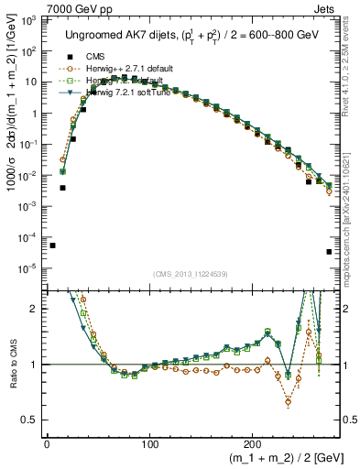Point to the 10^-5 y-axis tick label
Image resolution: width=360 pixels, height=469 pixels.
click(27, 268)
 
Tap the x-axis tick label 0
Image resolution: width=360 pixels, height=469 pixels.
click(47, 443)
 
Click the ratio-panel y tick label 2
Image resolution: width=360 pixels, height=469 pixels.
click(33, 309)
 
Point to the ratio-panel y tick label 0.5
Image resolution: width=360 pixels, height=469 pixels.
click(29, 420)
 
